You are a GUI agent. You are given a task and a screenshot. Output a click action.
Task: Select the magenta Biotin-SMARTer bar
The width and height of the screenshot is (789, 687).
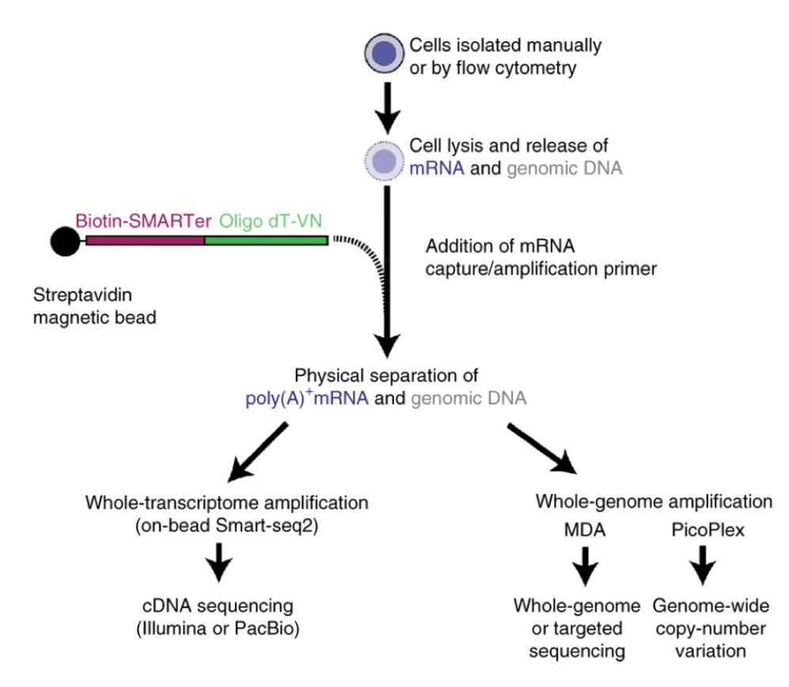[x=145, y=240]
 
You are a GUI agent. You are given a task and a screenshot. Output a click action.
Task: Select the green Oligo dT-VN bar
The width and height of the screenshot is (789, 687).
[x=265, y=240]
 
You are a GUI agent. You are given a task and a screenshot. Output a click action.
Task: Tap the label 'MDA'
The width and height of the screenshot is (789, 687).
[x=584, y=530]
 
